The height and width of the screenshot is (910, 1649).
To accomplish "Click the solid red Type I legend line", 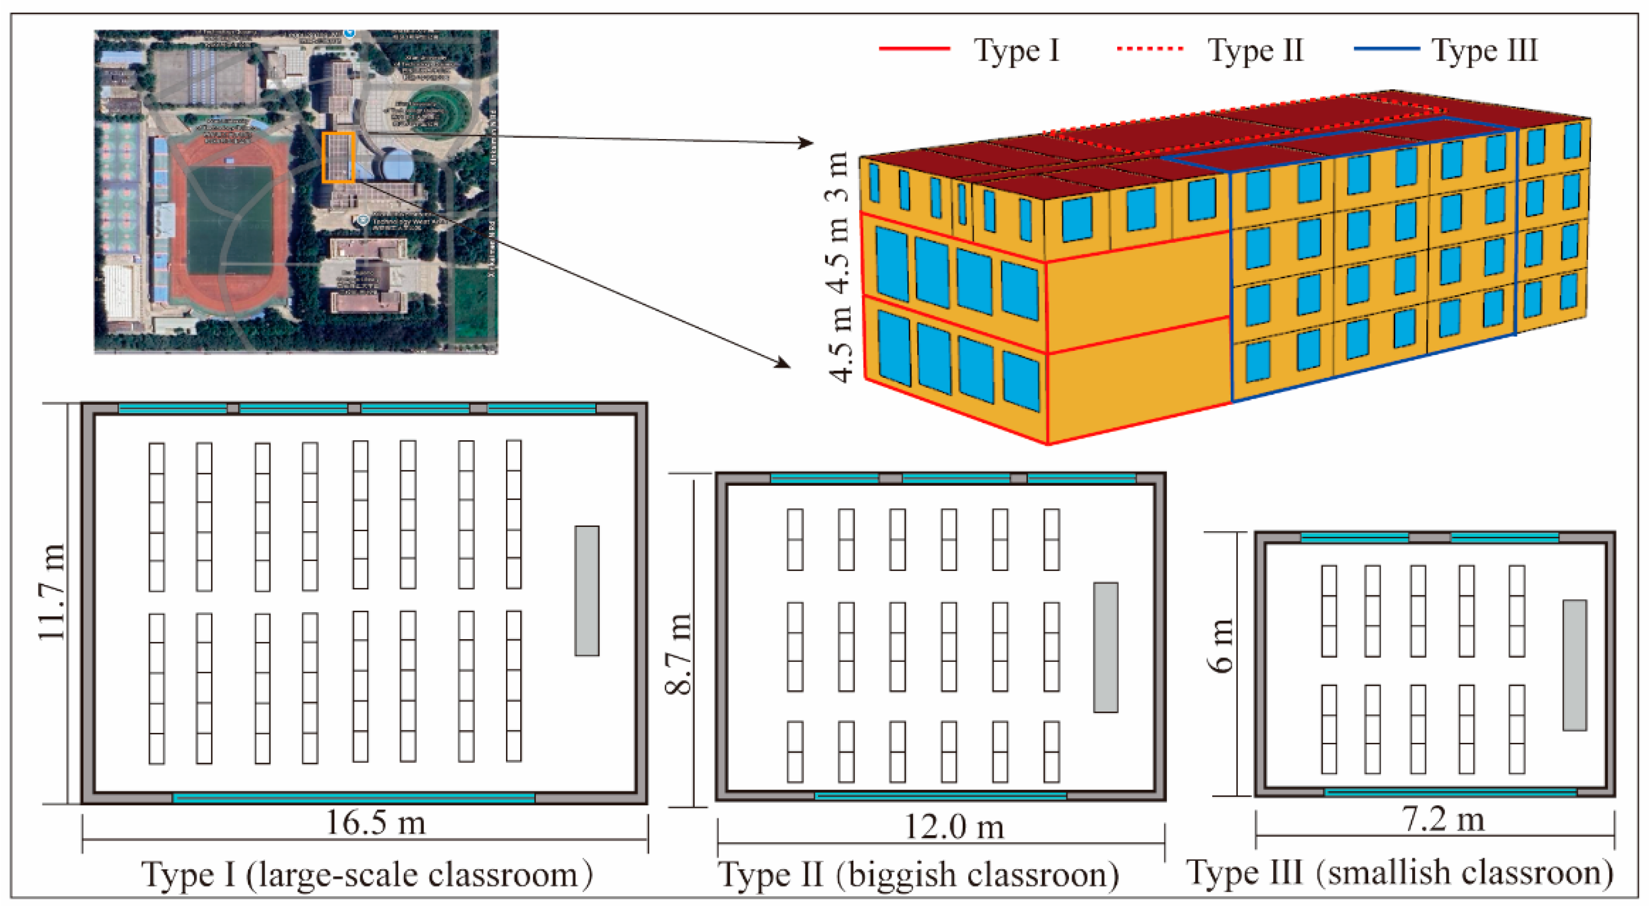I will (x=914, y=49).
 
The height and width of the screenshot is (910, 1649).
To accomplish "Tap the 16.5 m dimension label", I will (x=376, y=822).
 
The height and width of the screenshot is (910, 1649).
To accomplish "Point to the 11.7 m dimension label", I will (x=51, y=593).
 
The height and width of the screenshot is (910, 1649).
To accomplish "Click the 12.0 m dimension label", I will (x=953, y=827).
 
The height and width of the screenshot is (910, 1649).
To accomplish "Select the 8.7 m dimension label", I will (x=678, y=653).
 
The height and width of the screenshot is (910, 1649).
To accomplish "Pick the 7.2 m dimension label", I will (x=1443, y=819).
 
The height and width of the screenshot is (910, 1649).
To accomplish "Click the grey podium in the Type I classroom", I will (x=586, y=590).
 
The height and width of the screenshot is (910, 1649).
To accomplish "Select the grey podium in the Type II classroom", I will (x=1106, y=647).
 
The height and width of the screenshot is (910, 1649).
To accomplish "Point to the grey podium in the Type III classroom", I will (x=1575, y=665).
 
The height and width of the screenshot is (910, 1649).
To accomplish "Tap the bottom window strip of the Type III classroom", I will (x=1449, y=792).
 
